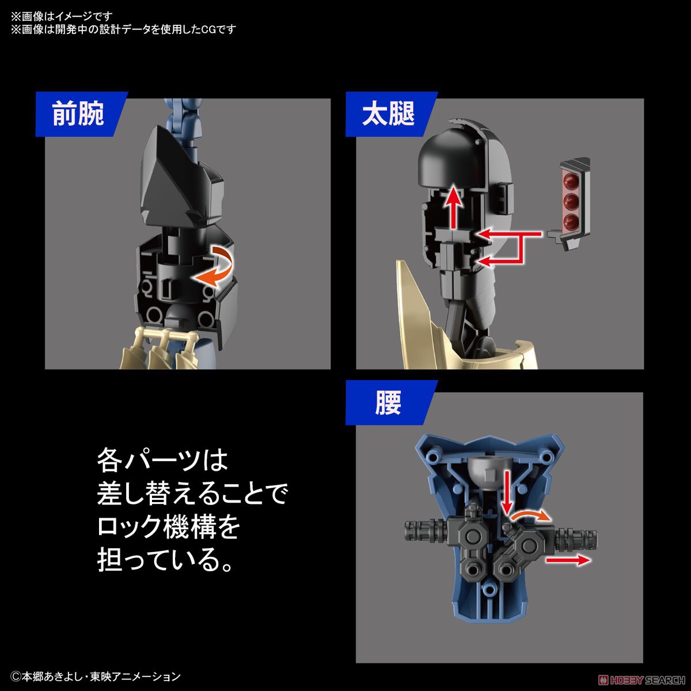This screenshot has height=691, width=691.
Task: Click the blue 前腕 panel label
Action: [x=78, y=114]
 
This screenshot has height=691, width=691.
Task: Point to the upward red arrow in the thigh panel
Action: [x=455, y=207]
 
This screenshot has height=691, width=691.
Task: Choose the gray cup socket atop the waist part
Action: [x=487, y=470]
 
